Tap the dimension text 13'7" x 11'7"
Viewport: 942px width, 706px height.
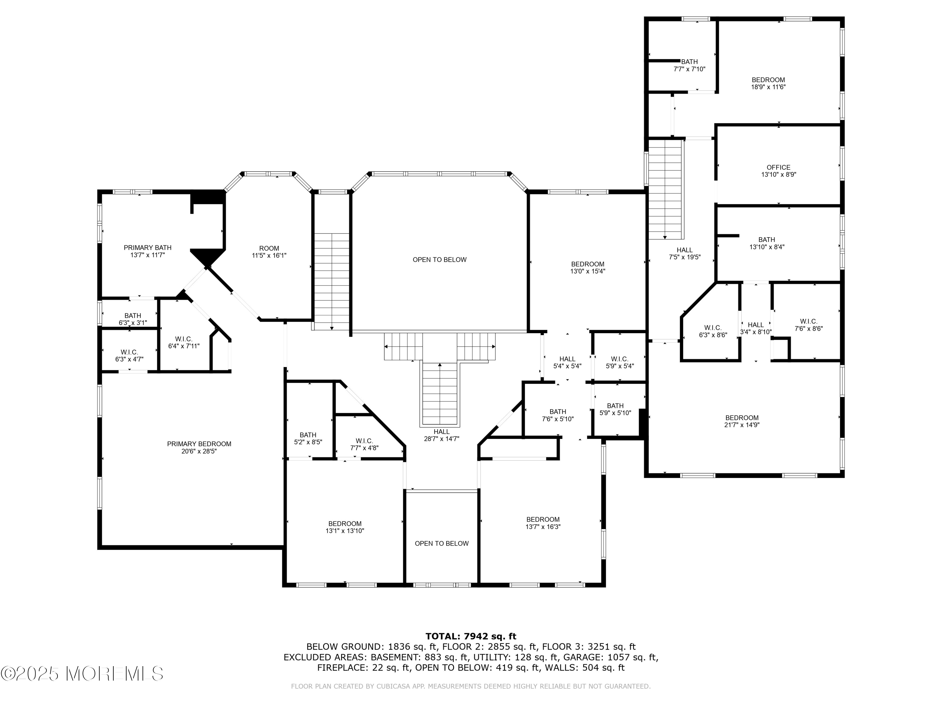pyautogui.click(x=147, y=255)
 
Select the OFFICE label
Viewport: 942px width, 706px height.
pyautogui.click(x=778, y=167)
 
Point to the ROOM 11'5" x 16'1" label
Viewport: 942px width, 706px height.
pyautogui.click(x=269, y=252)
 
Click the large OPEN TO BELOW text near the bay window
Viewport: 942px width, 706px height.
pyautogui.click(x=440, y=259)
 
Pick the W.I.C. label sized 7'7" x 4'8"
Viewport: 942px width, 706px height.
pyautogui.click(x=364, y=444)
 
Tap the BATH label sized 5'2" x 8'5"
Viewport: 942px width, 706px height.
pyautogui.click(x=308, y=438)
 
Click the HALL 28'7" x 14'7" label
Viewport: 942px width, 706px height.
pyautogui.click(x=441, y=435)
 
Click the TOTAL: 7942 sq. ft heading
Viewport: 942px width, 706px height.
pyautogui.click(x=471, y=636)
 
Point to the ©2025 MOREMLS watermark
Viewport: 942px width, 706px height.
pyautogui.click(x=82, y=674)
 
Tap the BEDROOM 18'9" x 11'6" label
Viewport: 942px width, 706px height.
pyautogui.click(x=768, y=83)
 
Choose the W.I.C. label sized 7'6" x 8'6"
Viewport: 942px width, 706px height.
pyautogui.click(x=808, y=325)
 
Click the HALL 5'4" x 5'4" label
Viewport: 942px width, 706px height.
pyautogui.click(x=567, y=362)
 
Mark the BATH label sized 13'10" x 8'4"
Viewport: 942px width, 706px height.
pyautogui.click(x=766, y=243)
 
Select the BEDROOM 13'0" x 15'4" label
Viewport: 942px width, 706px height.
pyautogui.click(x=588, y=267)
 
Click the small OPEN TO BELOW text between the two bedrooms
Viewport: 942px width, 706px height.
pyautogui.click(x=441, y=543)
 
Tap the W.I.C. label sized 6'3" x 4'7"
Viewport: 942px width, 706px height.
pyautogui.click(x=129, y=355)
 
